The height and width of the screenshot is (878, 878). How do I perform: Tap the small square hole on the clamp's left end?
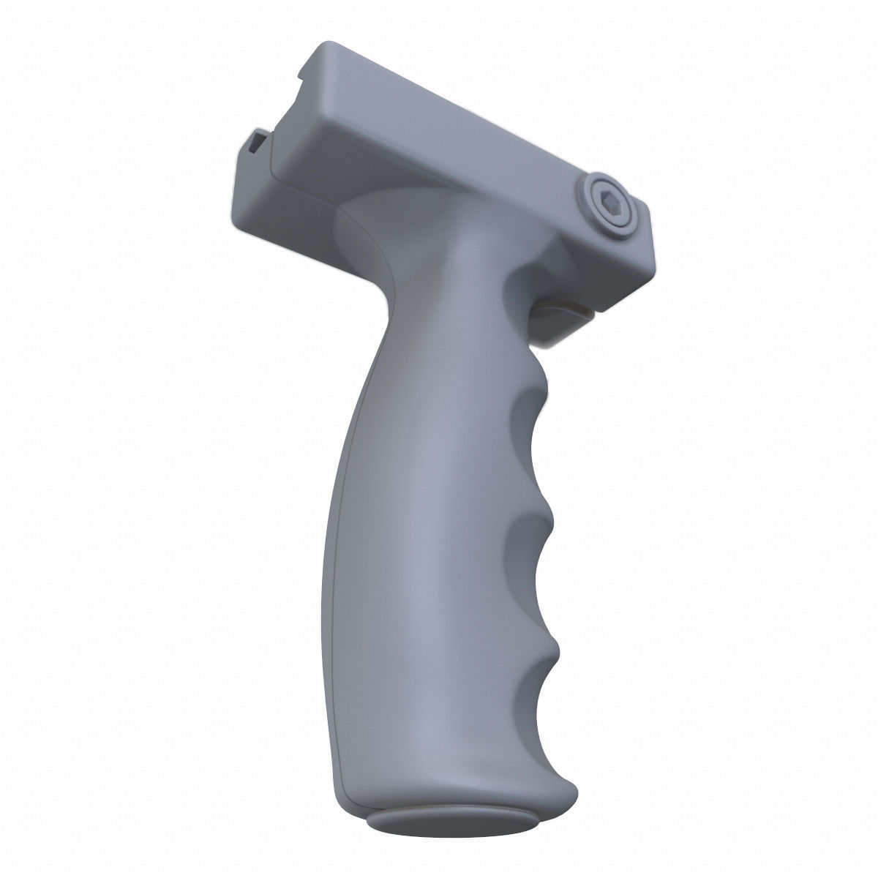click(x=258, y=140)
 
